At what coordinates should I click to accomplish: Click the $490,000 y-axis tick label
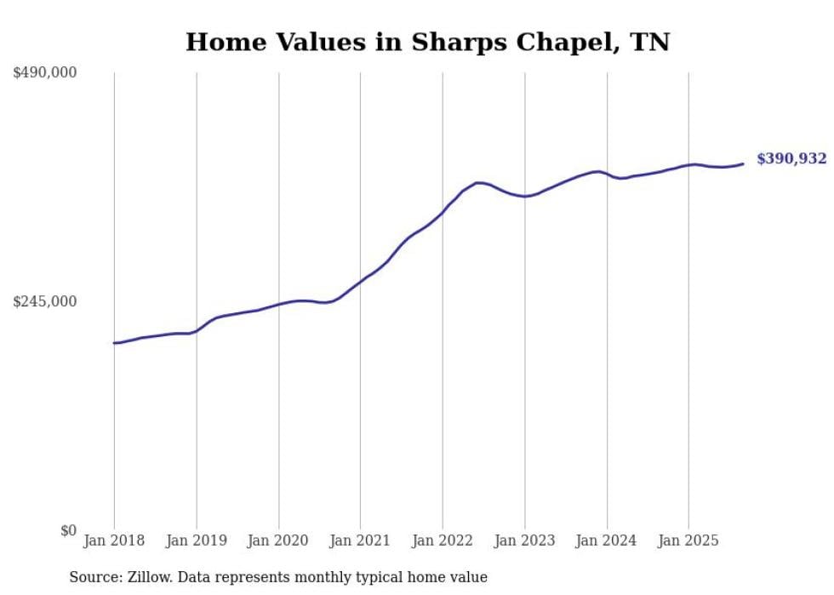(x=44, y=73)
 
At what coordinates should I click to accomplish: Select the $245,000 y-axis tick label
(x=44, y=301)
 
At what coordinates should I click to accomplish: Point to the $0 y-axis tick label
(x=68, y=530)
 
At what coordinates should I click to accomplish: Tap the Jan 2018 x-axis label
(x=114, y=541)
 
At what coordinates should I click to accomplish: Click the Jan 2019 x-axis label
(x=197, y=541)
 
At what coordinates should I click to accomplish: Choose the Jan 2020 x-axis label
(x=278, y=541)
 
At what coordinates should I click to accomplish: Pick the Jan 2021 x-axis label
(x=360, y=541)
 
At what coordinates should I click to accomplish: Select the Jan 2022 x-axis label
(x=443, y=541)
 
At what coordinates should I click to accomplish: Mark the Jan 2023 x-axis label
(x=525, y=541)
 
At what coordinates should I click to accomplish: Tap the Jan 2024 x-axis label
(x=607, y=541)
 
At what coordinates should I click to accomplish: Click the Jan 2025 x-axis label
(x=688, y=541)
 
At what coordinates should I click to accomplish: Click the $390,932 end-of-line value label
(x=791, y=159)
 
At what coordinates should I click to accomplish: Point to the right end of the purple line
(x=743, y=163)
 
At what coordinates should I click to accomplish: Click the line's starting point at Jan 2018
(x=114, y=343)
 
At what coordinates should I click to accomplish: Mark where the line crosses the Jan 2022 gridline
(x=443, y=211)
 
